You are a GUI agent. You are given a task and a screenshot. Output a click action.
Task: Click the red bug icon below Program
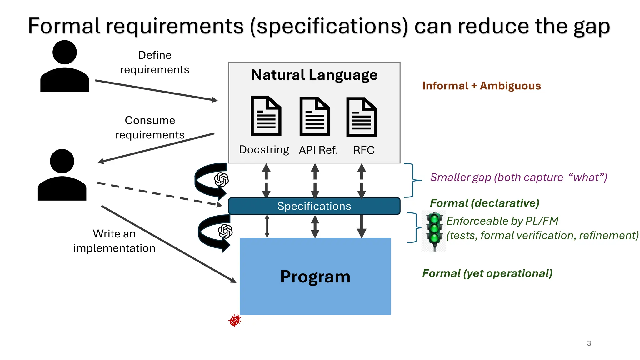[235, 321]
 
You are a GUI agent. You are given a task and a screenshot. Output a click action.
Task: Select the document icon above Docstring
[266, 116]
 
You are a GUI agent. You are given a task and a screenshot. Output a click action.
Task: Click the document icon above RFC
[362, 117]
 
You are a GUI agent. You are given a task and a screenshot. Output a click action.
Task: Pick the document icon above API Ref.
[315, 117]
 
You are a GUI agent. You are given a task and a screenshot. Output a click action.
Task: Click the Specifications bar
[314, 206]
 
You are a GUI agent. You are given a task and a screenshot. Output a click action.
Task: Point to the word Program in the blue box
[315, 277]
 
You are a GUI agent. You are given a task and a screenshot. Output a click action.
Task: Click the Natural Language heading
[314, 75]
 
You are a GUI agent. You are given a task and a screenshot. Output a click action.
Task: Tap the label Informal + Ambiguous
[481, 86]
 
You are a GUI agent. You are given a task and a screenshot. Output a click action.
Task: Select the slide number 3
[589, 343]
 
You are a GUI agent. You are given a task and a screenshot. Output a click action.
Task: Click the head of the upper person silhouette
[65, 52]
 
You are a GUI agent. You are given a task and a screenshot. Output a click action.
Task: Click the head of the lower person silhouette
[62, 161]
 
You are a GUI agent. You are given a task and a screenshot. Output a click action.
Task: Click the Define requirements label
[155, 62]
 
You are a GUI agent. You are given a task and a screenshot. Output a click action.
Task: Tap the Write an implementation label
[114, 241]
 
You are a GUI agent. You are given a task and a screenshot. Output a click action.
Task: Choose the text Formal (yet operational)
[487, 273]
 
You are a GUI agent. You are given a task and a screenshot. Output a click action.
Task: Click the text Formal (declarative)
[484, 203]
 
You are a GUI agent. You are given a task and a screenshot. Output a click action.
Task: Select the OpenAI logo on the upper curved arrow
[221, 180]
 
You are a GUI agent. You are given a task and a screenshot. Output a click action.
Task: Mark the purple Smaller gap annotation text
[518, 177]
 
